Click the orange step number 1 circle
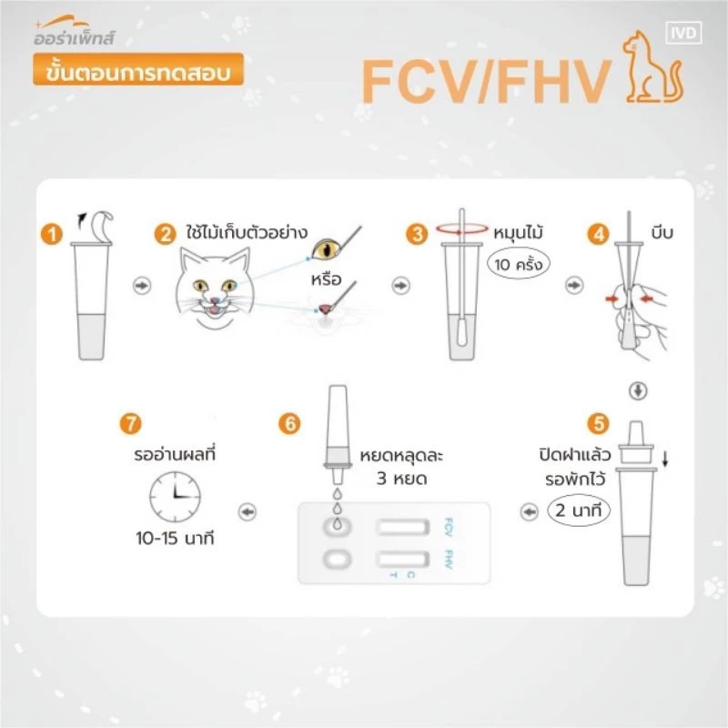pyautogui.click(x=52, y=234)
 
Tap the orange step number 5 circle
pyautogui.click(x=598, y=423)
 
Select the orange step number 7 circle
pyautogui.click(x=130, y=423)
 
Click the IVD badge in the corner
pyautogui.click(x=683, y=33)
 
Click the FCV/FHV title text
pyautogui.click(x=486, y=81)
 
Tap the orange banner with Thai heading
pyautogui.click(x=138, y=70)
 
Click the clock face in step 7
pyautogui.click(x=175, y=496)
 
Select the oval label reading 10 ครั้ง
pyautogui.click(x=518, y=264)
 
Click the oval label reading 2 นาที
pyautogui.click(x=579, y=511)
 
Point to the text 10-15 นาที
pyautogui.click(x=175, y=539)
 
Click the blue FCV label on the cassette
pyautogui.click(x=449, y=527)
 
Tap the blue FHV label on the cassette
pyautogui.click(x=449, y=559)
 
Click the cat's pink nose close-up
pyautogui.click(x=325, y=308)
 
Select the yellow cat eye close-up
pyautogui.click(x=327, y=249)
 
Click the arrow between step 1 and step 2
pyautogui.click(x=142, y=285)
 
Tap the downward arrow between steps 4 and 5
pyautogui.click(x=638, y=390)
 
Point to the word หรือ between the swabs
pyautogui.click(x=326, y=279)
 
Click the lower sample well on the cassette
pyautogui.click(x=337, y=559)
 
